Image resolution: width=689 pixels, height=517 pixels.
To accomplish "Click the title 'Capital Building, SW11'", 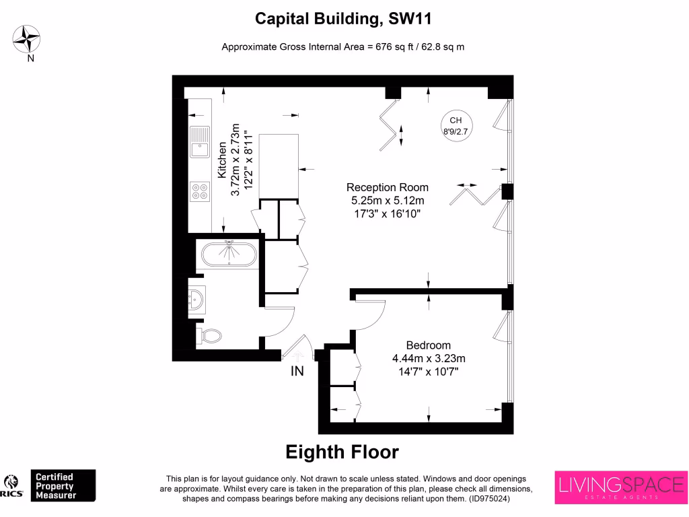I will tap(343, 19).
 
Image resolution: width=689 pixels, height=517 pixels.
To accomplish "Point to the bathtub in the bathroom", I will tap(229, 254).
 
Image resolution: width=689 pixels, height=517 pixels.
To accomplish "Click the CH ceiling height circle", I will tap(456, 125).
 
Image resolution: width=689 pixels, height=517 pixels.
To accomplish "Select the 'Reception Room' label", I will tap(387, 187).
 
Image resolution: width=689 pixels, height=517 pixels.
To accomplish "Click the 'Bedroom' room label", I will tap(428, 345).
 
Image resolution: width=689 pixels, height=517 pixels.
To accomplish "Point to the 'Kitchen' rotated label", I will tap(221, 160).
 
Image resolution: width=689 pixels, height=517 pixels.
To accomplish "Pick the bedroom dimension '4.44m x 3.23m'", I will tap(429, 358).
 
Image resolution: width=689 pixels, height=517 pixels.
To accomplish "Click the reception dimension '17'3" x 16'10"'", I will tap(387, 213).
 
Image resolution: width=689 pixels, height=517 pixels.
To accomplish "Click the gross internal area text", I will tap(343, 47).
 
